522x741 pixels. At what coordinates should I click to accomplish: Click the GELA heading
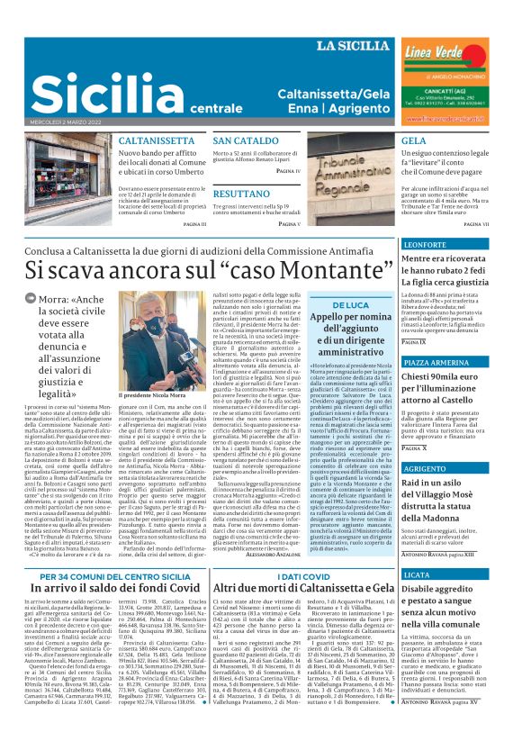(389, 142)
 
